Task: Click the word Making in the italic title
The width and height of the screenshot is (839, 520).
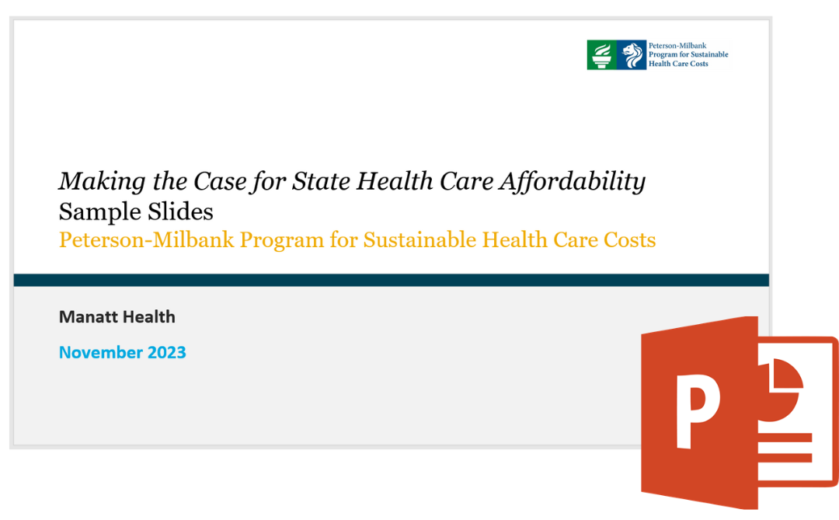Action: coord(103,182)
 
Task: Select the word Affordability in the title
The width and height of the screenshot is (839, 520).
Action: coord(573,182)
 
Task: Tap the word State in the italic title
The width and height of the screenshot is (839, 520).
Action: coord(321,181)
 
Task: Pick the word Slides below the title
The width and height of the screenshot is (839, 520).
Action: coord(180,211)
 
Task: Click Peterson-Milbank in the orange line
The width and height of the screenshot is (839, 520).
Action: coord(147,240)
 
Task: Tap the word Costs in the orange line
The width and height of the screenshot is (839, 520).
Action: coord(630,240)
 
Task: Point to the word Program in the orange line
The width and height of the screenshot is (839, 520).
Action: coord(281,241)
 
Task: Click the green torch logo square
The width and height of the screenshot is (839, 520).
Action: coord(601,54)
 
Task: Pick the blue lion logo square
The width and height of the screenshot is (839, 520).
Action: coord(632,54)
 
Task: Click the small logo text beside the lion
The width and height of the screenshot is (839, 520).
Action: coord(688,54)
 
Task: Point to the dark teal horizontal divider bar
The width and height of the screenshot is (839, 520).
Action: coord(391,280)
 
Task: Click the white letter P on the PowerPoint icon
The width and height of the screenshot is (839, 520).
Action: coord(698,410)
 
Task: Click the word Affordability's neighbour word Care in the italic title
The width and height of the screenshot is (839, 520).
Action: coord(467,181)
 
